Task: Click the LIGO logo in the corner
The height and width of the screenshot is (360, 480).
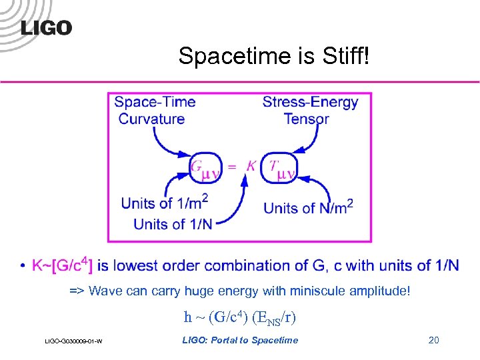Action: pos(46,27)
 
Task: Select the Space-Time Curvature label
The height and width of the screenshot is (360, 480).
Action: pos(154,111)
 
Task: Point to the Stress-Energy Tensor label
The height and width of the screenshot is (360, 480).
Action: pos(310,111)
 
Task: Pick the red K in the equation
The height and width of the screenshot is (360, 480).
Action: pos(251,165)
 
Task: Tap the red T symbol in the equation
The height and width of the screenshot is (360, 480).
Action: pos(273,165)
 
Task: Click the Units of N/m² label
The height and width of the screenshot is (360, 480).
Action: pos(308,207)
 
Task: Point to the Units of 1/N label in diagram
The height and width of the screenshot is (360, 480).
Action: pos(173,224)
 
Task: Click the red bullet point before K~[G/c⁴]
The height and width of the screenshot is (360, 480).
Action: pos(24,267)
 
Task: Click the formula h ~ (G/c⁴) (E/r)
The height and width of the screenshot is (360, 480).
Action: pos(239,317)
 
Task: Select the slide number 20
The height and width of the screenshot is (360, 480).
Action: pos(433,341)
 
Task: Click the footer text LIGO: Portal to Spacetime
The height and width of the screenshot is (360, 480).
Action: pos(240,341)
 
